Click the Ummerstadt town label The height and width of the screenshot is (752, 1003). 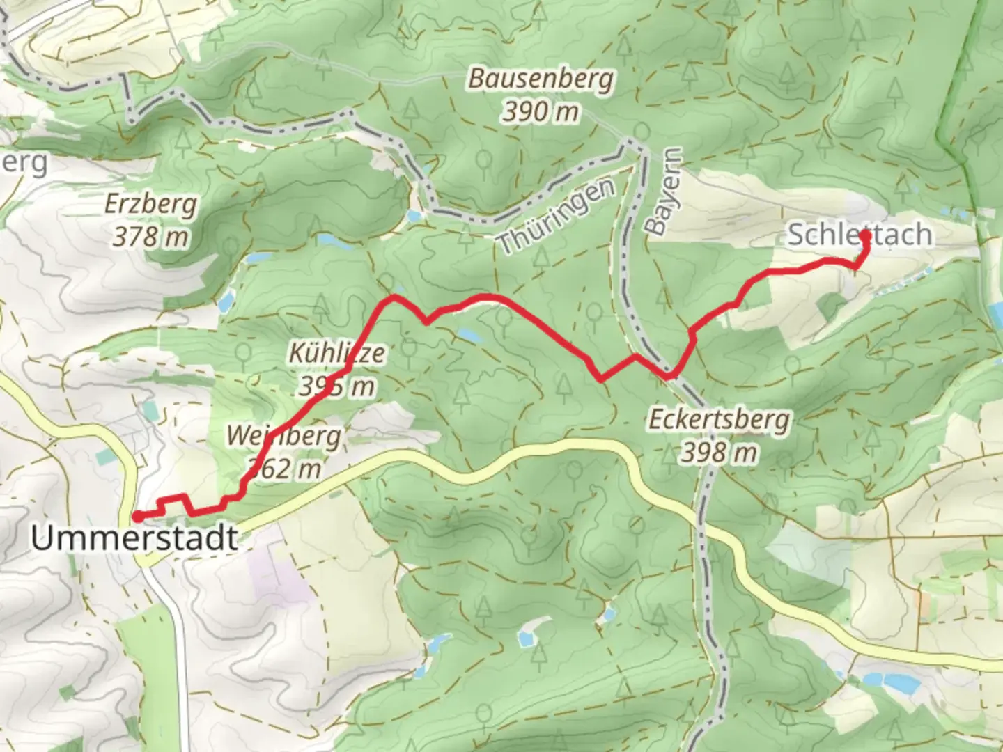coord(134,538)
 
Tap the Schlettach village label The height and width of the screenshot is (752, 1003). coord(859,235)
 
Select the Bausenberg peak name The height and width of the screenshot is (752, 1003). coord(541,79)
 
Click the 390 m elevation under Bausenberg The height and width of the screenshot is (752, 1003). coord(541,111)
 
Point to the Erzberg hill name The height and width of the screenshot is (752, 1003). coord(151,204)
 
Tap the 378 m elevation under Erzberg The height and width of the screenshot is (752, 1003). coord(151,237)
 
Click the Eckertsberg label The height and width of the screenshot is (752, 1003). coord(719,420)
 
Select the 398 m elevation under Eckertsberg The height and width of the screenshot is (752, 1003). coord(719,453)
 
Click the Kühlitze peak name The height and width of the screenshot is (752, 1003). coord(336,353)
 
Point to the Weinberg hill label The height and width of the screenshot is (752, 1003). coord(283,437)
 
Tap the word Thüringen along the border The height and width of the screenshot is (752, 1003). coord(557,216)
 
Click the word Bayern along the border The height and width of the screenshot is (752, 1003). coord(663,191)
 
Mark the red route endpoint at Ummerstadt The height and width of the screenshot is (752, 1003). coord(138,516)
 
